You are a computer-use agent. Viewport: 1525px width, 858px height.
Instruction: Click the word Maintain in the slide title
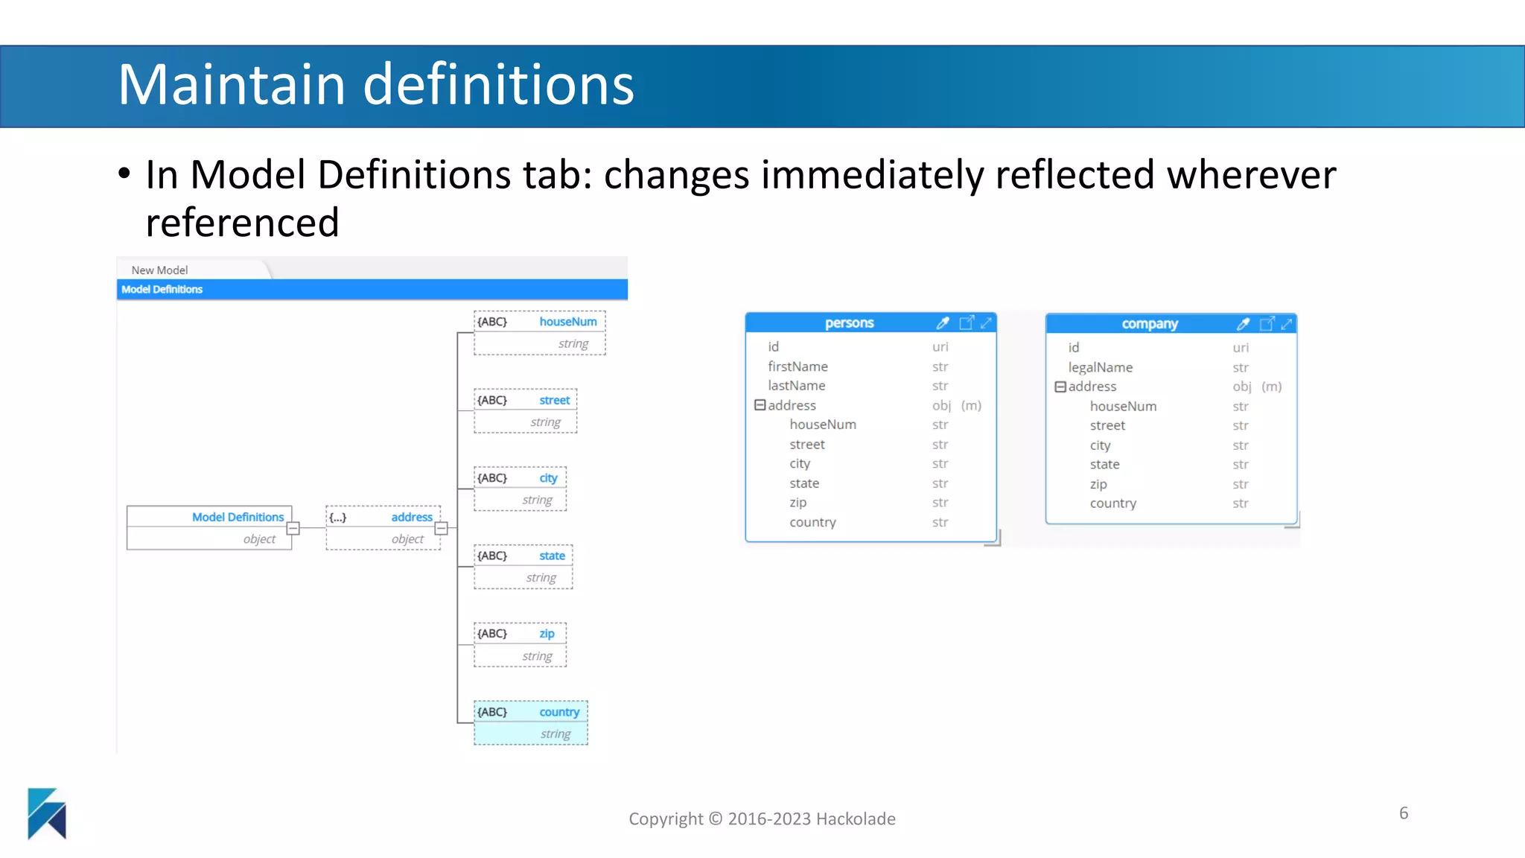point(232,84)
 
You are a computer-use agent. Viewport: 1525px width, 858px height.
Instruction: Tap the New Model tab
point(159,270)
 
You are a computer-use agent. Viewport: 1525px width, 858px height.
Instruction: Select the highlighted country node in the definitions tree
point(530,722)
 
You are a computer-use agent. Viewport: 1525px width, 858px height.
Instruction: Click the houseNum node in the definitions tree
point(539,332)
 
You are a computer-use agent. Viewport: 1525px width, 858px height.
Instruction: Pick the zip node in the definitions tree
point(520,644)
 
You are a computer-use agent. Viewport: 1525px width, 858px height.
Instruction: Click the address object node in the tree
point(383,527)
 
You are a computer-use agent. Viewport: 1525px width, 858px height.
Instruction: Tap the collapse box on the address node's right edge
point(442,528)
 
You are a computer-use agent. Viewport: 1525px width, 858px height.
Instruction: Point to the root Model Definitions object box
point(208,527)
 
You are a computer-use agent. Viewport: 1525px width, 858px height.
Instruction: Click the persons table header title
point(849,322)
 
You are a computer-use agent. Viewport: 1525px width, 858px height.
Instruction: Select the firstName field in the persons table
point(797,366)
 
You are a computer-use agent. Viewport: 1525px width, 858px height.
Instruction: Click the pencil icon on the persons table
point(943,322)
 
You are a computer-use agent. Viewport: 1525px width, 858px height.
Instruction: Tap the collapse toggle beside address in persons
point(760,405)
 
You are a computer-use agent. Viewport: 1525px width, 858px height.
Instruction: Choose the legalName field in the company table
point(1100,367)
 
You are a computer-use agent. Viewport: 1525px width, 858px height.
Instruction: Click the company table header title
point(1150,324)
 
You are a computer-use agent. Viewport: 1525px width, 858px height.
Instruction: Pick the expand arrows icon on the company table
point(1286,324)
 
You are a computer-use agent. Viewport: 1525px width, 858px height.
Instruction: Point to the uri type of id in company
point(1240,348)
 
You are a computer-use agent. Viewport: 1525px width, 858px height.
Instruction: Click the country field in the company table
point(1112,503)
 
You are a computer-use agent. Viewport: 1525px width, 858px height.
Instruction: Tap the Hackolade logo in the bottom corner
point(47,813)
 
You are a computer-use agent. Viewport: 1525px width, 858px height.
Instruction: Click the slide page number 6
point(1403,813)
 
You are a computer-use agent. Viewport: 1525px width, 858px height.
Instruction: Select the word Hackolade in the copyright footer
point(856,819)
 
